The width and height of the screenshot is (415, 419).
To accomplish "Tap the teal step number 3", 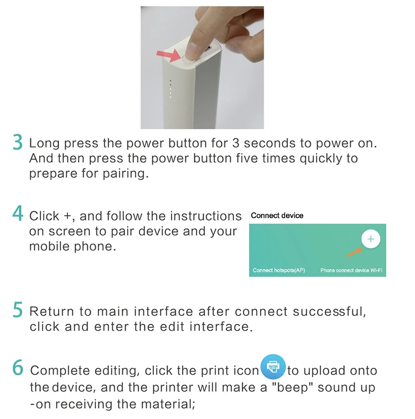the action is click(x=18, y=142).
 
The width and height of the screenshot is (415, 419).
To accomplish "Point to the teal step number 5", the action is click(x=18, y=310).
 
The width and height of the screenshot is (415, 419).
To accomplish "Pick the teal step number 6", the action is click(x=18, y=367).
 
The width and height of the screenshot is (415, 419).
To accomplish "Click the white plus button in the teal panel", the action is click(x=371, y=239).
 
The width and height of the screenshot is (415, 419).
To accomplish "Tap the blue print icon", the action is click(x=273, y=366).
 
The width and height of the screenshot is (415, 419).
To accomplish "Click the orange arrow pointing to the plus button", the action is click(x=354, y=253).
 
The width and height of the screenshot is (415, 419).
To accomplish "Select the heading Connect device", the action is click(x=277, y=216).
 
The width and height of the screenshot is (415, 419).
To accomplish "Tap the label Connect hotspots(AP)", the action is click(x=279, y=270).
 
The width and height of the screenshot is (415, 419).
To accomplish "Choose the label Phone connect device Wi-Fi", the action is click(x=351, y=270).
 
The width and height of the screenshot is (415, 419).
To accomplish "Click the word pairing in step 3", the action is click(x=126, y=174).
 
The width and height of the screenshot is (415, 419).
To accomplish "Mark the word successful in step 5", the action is click(x=329, y=312).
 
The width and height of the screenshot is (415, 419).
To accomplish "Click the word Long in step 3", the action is click(x=44, y=144).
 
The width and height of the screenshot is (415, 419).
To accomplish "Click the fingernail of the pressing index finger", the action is click(x=191, y=51).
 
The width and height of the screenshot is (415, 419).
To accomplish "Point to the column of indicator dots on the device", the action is click(x=170, y=88).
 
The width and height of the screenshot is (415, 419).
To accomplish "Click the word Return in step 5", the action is click(x=51, y=312).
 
